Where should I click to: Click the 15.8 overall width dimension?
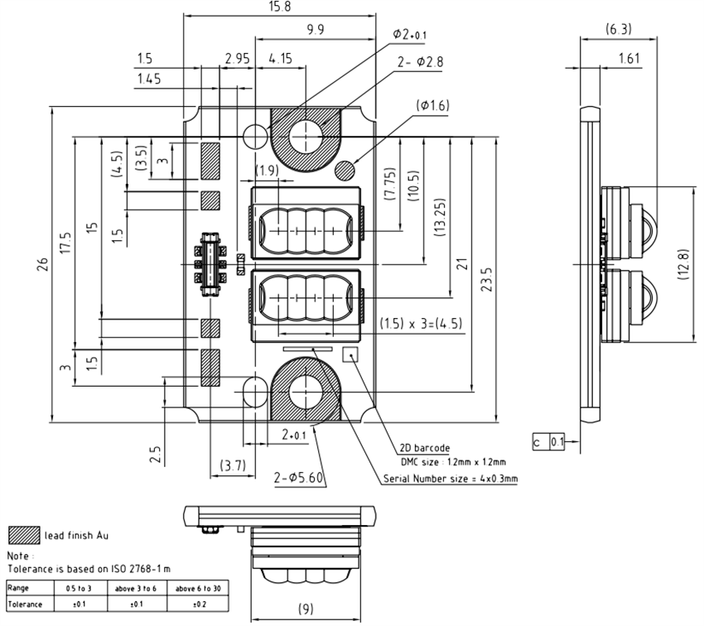[278, 7]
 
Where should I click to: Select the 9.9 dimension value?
[316, 30]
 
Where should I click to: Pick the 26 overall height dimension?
[42, 263]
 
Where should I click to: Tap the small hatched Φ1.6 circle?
[345, 170]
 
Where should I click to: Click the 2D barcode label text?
[428, 448]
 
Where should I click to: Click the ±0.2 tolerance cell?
[198, 604]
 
